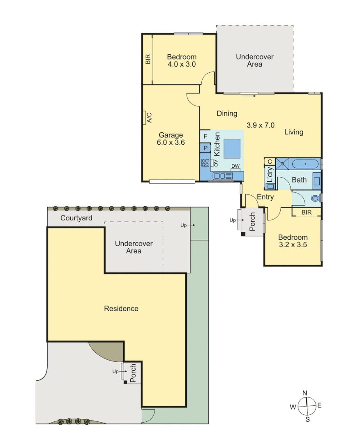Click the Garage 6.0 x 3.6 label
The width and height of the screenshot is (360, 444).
click(171, 139)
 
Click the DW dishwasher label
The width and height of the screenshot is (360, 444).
click(235, 166)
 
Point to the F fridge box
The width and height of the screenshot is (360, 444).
click(205, 136)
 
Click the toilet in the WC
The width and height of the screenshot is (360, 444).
click(316, 198)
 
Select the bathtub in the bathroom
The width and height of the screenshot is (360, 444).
click(305, 164)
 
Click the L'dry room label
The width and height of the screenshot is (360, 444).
click(270, 176)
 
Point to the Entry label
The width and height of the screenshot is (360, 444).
click(265, 197)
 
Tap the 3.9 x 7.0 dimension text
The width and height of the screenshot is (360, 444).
click(260, 125)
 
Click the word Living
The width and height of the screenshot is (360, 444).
click(293, 132)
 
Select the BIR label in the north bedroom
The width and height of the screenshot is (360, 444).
click(148, 60)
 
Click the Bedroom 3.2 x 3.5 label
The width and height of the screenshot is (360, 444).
click(293, 241)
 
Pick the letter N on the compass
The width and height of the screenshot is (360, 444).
click(305, 393)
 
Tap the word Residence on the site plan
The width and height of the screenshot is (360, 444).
click(121, 308)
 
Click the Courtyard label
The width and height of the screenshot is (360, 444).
click(76, 218)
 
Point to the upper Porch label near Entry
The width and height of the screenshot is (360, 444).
click(253, 222)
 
